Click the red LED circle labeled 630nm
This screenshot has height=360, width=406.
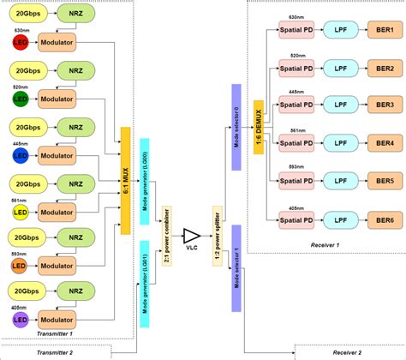click(18, 41)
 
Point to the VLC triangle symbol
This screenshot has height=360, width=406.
click(193, 235)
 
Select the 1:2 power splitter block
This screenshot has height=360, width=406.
click(216, 233)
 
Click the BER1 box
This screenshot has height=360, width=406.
click(383, 29)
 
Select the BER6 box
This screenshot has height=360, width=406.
click(383, 219)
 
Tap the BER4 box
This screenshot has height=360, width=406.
click(383, 143)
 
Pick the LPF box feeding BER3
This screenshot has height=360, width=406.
click(339, 105)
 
